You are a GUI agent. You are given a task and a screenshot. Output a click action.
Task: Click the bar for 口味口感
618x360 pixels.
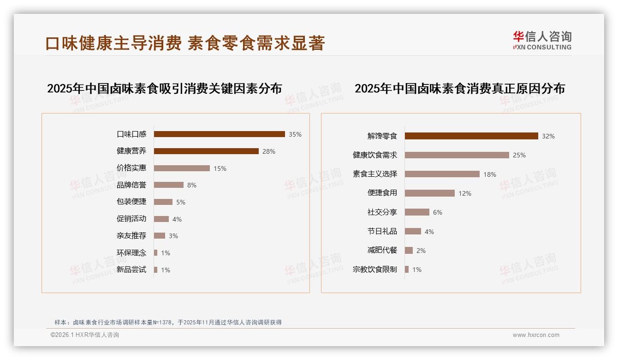[219, 134]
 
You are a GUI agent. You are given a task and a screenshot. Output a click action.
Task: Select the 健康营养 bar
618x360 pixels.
[206, 151]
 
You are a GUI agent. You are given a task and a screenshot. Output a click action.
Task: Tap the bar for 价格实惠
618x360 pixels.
[182, 168]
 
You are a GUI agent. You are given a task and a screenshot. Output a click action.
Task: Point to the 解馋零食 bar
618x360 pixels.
[471, 136]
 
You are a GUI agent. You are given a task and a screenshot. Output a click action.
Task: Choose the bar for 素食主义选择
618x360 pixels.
[442, 174]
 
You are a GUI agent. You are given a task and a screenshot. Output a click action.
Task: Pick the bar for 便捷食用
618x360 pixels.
[430, 193]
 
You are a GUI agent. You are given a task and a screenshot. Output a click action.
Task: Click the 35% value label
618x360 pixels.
[295, 134]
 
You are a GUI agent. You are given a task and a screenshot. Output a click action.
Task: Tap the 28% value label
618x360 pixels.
[269, 151]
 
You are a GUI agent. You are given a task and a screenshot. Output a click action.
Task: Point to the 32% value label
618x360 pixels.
[548, 136]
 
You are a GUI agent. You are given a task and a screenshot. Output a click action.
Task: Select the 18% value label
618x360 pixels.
[490, 174]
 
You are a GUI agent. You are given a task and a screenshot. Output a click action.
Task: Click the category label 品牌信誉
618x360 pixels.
[131, 185]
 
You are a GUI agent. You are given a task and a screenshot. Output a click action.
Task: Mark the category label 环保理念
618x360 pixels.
[131, 253]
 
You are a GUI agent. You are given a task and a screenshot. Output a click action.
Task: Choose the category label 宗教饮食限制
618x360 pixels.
[375, 270]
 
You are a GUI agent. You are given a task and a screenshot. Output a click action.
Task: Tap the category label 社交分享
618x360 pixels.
[382, 212]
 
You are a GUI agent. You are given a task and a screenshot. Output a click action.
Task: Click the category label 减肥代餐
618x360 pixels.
[382, 250]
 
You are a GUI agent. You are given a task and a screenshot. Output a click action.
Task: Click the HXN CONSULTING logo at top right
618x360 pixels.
[542, 41]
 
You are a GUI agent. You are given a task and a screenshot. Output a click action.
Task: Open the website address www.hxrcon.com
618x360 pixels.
[536, 335]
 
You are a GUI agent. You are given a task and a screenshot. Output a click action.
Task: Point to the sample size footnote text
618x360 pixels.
[168, 322]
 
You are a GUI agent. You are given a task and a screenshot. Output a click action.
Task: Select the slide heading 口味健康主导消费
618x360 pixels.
[113, 43]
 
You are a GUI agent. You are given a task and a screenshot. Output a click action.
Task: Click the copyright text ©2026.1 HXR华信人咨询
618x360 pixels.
[85, 335]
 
